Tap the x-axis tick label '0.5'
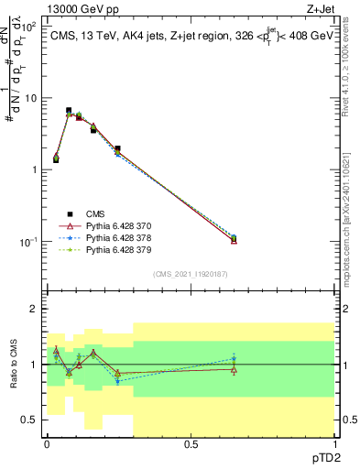click(191, 444)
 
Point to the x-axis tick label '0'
click(47, 444)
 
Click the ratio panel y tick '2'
click(35, 310)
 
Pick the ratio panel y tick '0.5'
click(30, 420)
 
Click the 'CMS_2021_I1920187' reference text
click(191, 273)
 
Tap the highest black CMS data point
click(69, 111)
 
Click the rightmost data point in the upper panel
click(234, 239)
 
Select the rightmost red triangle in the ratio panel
click(234, 369)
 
